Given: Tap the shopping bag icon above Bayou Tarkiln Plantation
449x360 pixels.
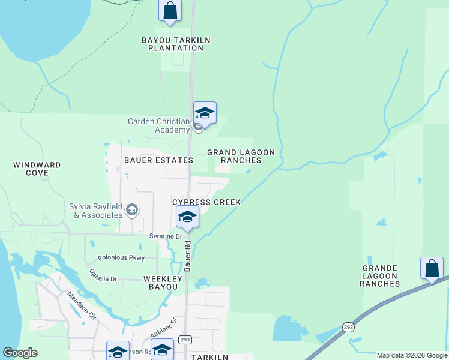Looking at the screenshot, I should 170,11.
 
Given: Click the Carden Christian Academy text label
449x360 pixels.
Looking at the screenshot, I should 158,125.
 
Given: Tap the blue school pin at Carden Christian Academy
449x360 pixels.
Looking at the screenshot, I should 205,113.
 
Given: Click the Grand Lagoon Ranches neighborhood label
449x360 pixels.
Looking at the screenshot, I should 241,156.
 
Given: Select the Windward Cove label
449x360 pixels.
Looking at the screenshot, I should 37,169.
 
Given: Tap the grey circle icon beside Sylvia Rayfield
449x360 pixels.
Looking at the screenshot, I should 133,210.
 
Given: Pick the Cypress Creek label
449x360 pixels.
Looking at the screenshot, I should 206,202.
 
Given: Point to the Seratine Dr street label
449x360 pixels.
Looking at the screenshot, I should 166,236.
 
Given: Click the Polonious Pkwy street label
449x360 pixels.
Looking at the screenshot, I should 121,257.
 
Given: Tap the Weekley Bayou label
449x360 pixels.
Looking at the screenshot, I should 161,283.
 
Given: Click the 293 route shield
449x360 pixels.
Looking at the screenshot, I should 185,340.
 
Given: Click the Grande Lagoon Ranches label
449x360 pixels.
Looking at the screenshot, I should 379,276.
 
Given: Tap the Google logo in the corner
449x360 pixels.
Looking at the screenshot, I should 20,353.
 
